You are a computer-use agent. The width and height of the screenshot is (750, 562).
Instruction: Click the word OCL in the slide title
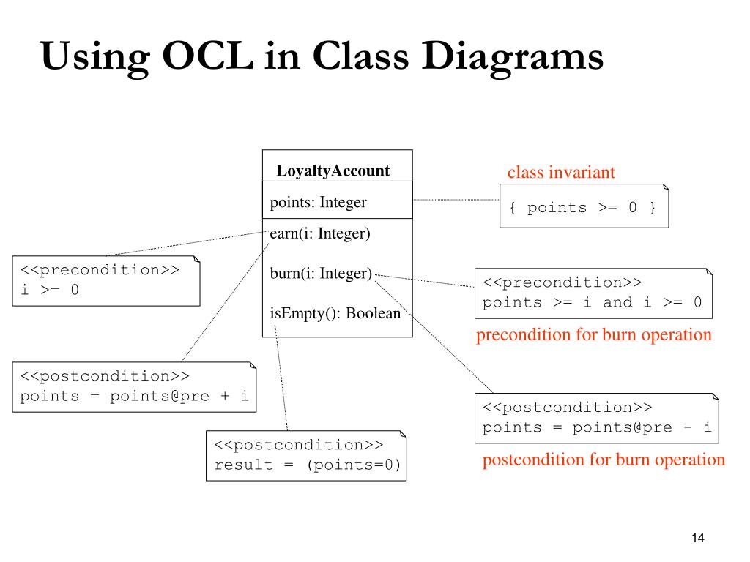tap(208, 56)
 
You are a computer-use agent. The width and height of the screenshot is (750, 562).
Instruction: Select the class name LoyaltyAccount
tap(333, 171)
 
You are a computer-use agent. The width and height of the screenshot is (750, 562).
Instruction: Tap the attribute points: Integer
tap(318, 202)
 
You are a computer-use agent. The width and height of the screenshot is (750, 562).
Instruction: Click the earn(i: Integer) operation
tap(320, 233)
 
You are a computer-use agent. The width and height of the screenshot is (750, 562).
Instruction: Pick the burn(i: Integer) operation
tap(321, 273)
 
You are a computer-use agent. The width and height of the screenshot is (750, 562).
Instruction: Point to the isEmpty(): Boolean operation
tap(335, 313)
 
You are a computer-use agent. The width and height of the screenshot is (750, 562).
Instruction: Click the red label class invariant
tap(561, 172)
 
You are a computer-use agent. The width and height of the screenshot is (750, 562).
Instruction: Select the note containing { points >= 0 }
tap(584, 206)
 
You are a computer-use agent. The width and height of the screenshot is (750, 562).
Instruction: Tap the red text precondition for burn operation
tap(593, 334)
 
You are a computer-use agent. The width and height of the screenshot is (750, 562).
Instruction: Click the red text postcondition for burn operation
tap(604, 460)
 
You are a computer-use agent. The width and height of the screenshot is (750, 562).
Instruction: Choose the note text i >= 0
tap(49, 290)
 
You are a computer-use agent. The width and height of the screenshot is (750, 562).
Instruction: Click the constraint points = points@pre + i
tap(134, 396)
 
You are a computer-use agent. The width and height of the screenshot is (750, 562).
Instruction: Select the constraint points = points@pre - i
tap(596, 427)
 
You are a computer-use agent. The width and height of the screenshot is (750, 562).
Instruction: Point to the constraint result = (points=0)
tap(307, 465)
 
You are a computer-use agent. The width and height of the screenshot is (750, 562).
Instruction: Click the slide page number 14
tap(698, 538)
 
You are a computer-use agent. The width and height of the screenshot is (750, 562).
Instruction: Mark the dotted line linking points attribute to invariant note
tap(456, 200)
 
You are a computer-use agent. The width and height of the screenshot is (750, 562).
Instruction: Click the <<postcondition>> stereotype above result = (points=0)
tap(299, 445)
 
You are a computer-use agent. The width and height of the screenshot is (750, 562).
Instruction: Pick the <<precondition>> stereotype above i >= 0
tap(100, 269)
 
